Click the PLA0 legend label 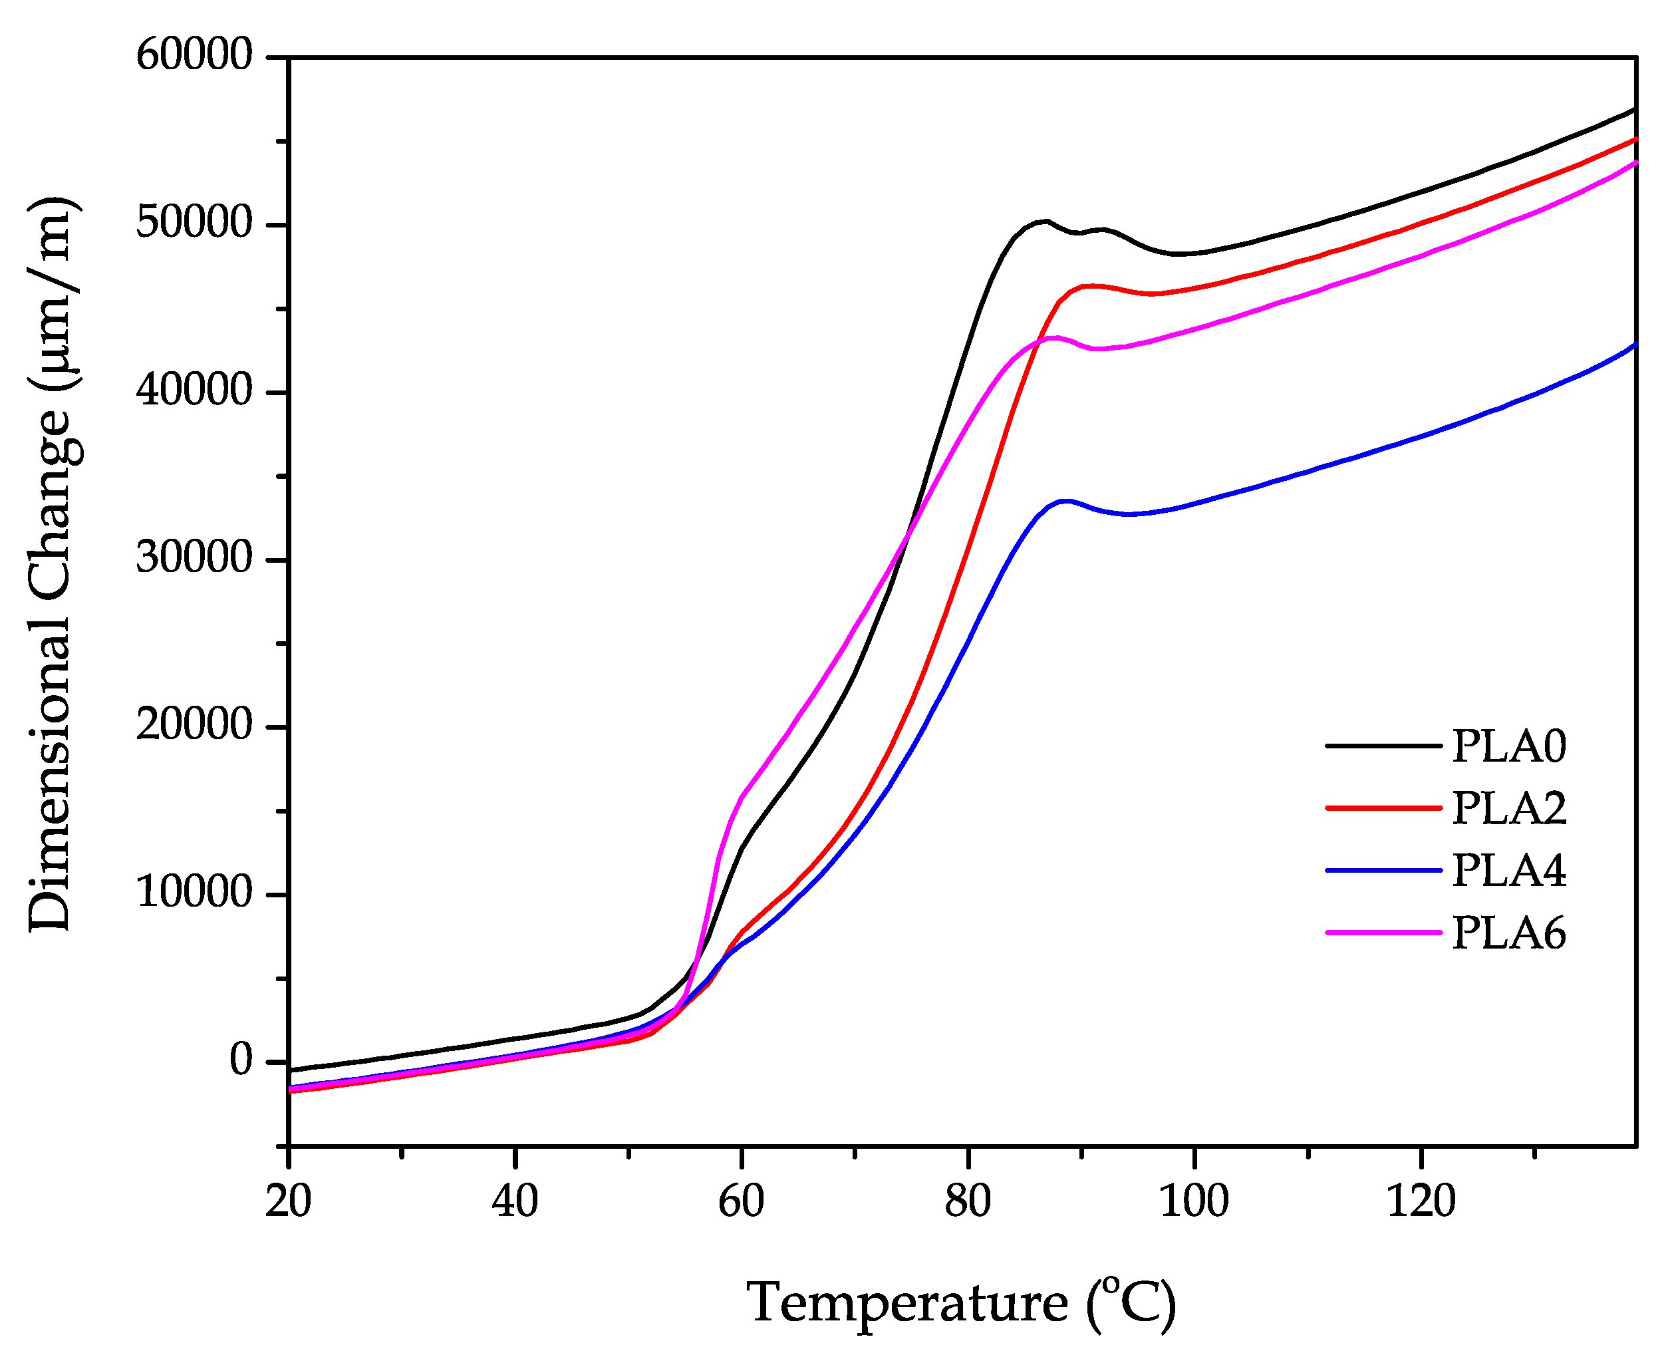pos(1508,746)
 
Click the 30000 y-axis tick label pos(194,558)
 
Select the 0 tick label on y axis pos(241,1061)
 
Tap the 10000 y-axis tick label pos(194,893)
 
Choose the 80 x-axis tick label pos(968,1201)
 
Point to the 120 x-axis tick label pos(1420,1201)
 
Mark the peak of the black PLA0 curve pos(1045,222)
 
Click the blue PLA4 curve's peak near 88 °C pos(1065,500)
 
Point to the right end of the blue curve pos(1634,345)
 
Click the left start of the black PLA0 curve pos(291,1070)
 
